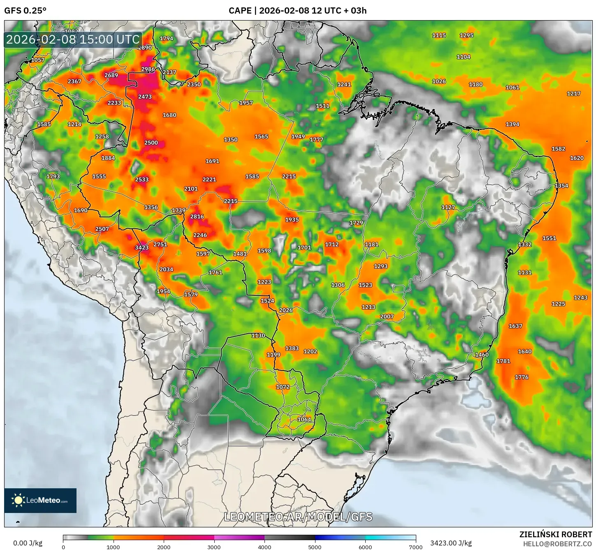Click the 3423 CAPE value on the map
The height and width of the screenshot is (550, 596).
pyautogui.click(x=141, y=248)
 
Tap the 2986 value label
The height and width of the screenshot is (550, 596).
pyautogui.click(x=148, y=69)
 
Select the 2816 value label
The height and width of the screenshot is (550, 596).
pyautogui.click(x=197, y=217)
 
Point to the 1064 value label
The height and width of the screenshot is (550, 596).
pyautogui.click(x=304, y=420)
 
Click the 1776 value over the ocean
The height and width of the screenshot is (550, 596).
pyautogui.click(x=522, y=377)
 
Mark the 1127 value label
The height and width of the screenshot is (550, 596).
pyautogui.click(x=448, y=207)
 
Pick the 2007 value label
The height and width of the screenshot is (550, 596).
pyautogui.click(x=387, y=316)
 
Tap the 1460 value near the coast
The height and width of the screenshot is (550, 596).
pyautogui.click(x=482, y=355)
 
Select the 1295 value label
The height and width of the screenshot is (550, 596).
pyautogui.click(x=466, y=35)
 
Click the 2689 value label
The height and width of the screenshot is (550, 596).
pyautogui.click(x=111, y=75)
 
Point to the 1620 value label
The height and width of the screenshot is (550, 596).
pyautogui.click(x=577, y=158)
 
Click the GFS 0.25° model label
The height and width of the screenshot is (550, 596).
pyautogui.click(x=25, y=11)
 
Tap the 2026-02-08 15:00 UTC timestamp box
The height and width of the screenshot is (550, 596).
pyautogui.click(x=73, y=39)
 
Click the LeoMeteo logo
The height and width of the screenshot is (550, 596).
pyautogui.click(x=40, y=500)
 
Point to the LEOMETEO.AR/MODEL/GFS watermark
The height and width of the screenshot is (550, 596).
pyautogui.click(x=298, y=517)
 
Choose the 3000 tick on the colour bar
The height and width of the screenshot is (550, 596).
pyautogui.click(x=214, y=547)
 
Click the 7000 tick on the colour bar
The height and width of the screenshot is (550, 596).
pyautogui.click(x=415, y=547)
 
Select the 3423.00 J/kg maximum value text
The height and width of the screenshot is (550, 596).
pyautogui.click(x=451, y=543)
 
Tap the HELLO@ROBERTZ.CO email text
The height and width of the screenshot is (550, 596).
pyautogui.click(x=557, y=543)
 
